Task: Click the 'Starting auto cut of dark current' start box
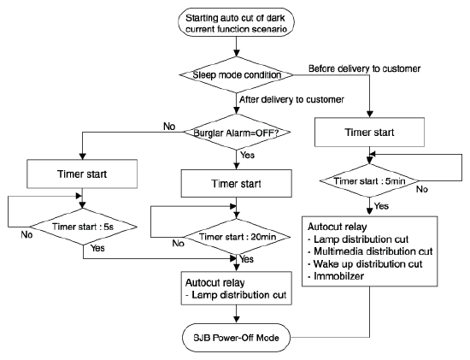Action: pyautogui.click(x=236, y=22)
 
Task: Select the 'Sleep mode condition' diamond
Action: pyautogui.click(x=236, y=74)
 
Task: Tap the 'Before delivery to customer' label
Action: pyautogui.click(x=365, y=68)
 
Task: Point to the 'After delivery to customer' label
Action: pyautogui.click(x=291, y=99)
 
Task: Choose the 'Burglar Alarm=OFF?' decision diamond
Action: pyautogui.click(x=237, y=132)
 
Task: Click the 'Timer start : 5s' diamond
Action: pyautogui.click(x=83, y=227)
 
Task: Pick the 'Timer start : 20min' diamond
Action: pyautogui.click(x=237, y=237)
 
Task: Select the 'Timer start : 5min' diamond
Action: pyautogui.click(x=369, y=180)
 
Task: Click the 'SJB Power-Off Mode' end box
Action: pyautogui.click(x=236, y=338)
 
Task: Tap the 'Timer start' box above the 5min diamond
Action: pyautogui.click(x=369, y=132)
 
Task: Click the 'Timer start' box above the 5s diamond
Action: pyautogui.click(x=82, y=174)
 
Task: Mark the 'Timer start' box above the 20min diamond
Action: pyautogui.click(x=236, y=183)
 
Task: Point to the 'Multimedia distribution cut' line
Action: pyautogui.click(x=370, y=251)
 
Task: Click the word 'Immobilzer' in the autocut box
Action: pyautogui.click(x=338, y=276)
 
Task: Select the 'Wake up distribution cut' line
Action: pyautogui.click(x=365, y=264)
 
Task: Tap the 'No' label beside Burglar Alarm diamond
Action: pyautogui.click(x=169, y=127)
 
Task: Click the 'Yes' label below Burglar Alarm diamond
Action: pyautogui.click(x=247, y=155)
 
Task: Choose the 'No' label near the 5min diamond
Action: pyautogui.click(x=422, y=189)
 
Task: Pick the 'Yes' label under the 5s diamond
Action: pyautogui.click(x=97, y=248)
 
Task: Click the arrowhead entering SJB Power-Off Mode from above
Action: pyautogui.click(x=237, y=319)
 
